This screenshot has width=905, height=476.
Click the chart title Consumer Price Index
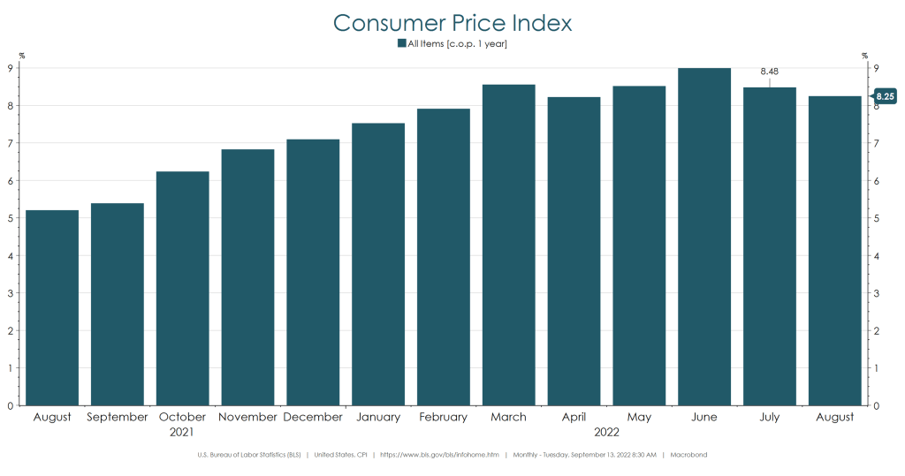point(452,22)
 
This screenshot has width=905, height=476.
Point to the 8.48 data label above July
point(769,72)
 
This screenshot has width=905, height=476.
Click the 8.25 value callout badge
point(886,95)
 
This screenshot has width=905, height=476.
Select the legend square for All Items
point(401,42)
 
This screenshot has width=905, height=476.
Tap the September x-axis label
point(117,417)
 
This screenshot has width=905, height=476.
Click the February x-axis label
point(443,417)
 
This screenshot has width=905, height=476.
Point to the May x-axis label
point(639,417)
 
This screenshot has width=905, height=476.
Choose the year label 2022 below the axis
point(606,433)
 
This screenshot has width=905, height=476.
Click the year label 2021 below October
point(182,433)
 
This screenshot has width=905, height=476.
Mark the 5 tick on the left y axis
point(10,218)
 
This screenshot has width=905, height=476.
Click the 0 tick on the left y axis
point(10,406)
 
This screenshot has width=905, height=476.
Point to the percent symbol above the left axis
point(22,56)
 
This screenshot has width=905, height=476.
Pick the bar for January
point(378,264)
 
